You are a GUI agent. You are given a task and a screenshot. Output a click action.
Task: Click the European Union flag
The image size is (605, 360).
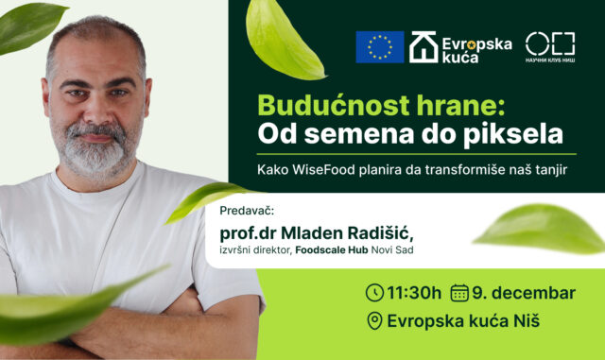[x=379, y=47]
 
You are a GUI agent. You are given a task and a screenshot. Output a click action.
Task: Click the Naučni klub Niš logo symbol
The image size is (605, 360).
[x=549, y=43]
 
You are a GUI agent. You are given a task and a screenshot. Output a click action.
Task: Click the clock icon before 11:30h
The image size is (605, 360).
[x=374, y=292]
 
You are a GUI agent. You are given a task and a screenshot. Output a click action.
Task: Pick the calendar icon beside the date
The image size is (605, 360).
[x=460, y=292]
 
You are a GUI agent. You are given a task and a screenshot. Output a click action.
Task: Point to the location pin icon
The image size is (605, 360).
[x=374, y=321]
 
